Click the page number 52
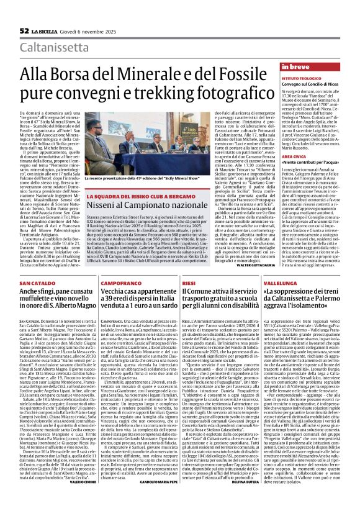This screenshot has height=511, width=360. pos(24,30)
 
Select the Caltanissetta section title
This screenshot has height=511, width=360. pos(56,47)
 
